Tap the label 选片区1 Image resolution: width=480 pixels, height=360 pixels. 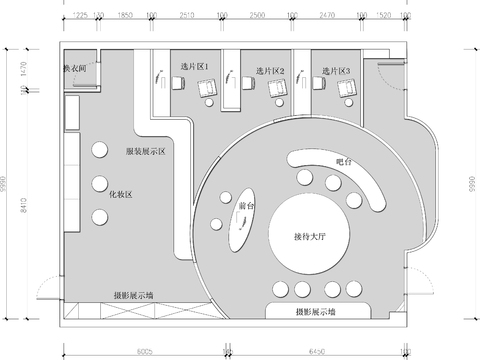(194, 67)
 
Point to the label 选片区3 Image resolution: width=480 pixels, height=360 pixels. (336, 71)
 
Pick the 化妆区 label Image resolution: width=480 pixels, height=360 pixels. (121, 195)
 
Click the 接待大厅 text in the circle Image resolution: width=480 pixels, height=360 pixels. (312, 235)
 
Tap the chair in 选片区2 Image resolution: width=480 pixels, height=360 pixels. (275, 88)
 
